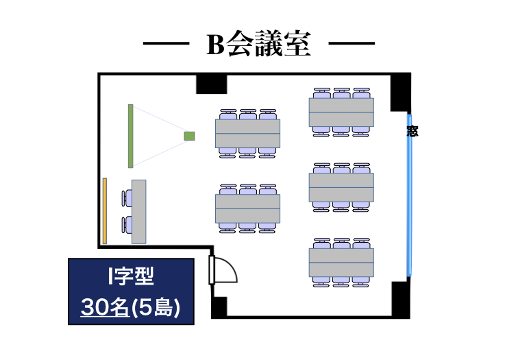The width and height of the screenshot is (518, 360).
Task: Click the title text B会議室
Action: tap(259, 45)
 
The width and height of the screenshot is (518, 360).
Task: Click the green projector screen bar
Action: tap(130, 136)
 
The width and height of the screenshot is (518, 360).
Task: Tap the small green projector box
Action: tap(189, 136)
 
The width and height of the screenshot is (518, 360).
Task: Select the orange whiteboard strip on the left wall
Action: tap(105, 211)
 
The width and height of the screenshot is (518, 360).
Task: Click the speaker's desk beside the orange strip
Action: tap(139, 211)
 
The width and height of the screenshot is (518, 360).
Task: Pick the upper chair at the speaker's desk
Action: tap(126, 198)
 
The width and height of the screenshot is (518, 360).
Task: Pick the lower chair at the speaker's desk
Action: tap(126, 224)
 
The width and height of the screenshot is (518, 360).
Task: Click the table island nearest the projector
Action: tap(247, 133)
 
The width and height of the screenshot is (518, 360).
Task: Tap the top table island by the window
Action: tap(341, 112)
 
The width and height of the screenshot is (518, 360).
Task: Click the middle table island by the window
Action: tap(341, 187)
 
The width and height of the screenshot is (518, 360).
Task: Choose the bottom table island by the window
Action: tap(341, 262)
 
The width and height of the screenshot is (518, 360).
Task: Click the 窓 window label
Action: tap(412, 130)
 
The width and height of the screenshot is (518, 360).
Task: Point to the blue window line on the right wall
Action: tap(410, 206)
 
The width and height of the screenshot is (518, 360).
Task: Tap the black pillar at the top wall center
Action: tap(211, 84)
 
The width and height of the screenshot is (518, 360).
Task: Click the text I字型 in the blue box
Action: tap(130, 276)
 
